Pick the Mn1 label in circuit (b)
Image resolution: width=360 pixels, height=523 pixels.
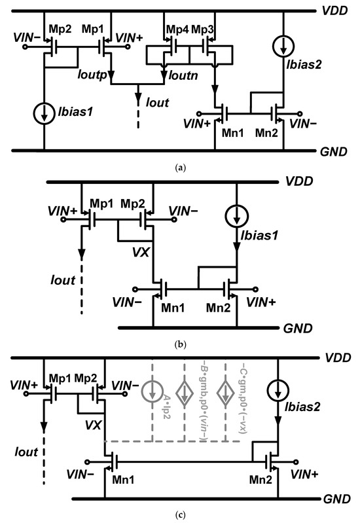tap(163, 308)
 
